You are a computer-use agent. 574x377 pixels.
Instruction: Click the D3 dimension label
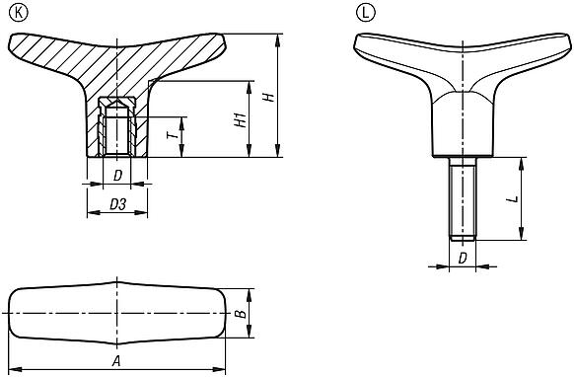click(x=116, y=204)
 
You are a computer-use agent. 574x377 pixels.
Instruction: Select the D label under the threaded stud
click(x=463, y=258)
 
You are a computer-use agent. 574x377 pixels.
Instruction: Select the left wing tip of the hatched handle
click(x=20, y=43)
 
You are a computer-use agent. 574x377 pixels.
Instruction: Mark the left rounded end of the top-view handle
click(x=14, y=315)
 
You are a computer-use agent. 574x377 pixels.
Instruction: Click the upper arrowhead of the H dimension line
click(x=277, y=37)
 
